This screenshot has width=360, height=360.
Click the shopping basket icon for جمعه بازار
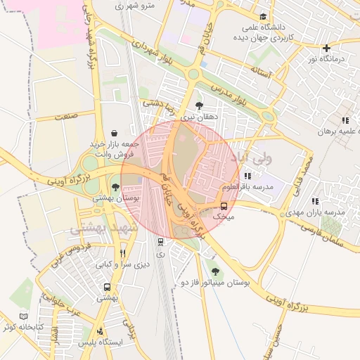click(x=114, y=132)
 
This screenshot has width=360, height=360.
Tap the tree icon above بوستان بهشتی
click(x=115, y=187)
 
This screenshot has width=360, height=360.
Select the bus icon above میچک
click(x=224, y=206)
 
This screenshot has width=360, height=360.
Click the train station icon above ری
click(x=161, y=242)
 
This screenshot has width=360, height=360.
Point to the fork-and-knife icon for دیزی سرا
click(x=122, y=253)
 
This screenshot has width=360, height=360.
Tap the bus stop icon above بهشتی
click(x=108, y=287)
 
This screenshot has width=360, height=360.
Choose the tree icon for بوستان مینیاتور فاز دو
click(x=214, y=271)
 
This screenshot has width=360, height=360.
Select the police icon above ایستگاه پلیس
click(x=101, y=330)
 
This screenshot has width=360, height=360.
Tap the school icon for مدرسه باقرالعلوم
click(x=247, y=176)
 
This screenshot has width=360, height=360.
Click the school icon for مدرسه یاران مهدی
click(x=314, y=201)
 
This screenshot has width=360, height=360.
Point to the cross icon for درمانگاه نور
click(x=326, y=48)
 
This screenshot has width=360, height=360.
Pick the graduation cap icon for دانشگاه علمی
click(x=264, y=16)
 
